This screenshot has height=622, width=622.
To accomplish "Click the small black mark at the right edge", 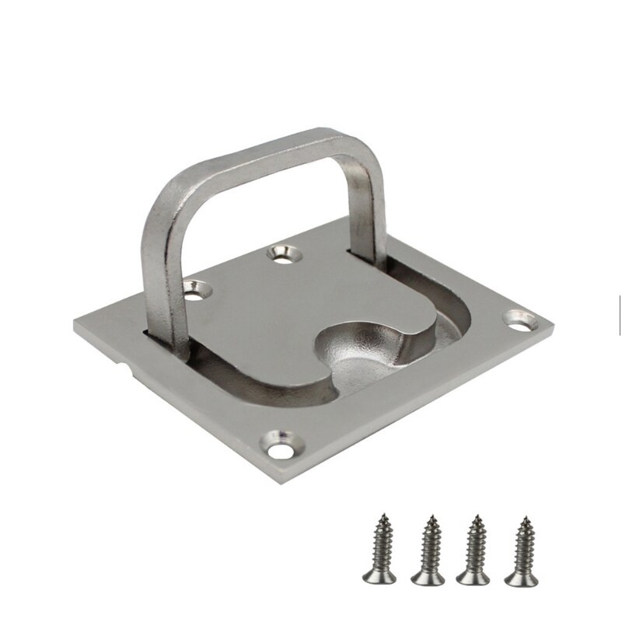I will point(619,304).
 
